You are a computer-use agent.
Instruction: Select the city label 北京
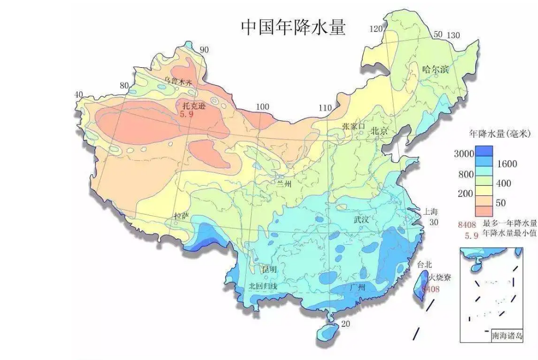point(380,131)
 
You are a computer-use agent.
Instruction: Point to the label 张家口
point(354,126)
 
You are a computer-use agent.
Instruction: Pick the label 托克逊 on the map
point(194,106)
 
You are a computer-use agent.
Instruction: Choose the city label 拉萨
point(181,216)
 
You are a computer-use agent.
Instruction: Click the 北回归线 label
point(263,286)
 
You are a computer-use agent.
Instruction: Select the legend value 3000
point(464,153)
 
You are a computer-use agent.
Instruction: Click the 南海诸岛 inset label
point(506,336)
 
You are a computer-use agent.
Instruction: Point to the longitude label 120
point(376,29)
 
